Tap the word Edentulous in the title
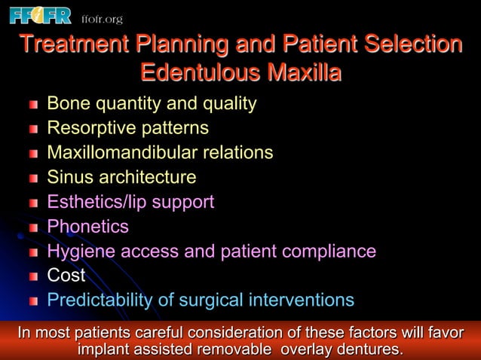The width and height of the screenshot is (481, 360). click(193, 74)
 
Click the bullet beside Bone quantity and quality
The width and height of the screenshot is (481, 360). click(33, 105)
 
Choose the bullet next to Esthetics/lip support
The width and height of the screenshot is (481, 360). click(33, 203)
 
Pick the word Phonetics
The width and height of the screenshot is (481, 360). click(87, 227)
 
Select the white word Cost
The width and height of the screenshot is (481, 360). click(66, 276)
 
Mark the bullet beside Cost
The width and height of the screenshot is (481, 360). click(33, 277)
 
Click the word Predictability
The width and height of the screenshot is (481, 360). click(100, 301)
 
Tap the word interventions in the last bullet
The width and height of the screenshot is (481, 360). click(300, 301)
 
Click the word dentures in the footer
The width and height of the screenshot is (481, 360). click(369, 349)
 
